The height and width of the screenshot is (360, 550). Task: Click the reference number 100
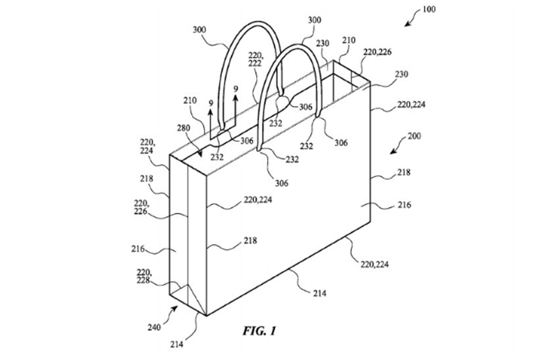429,9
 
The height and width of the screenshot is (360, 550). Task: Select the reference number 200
415,136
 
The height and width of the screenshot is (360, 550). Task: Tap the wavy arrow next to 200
398,146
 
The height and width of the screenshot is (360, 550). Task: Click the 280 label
184,128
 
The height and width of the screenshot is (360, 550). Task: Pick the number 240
154,327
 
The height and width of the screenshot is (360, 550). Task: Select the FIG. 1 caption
259,331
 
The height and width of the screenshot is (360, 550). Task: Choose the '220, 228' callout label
144,276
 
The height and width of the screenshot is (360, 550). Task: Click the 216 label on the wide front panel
404,204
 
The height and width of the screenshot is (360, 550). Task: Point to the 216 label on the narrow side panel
138,249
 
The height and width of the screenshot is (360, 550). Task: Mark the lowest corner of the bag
207,315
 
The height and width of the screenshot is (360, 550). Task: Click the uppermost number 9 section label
236,89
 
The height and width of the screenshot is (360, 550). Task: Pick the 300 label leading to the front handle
314,20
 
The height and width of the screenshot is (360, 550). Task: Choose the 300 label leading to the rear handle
199,30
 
